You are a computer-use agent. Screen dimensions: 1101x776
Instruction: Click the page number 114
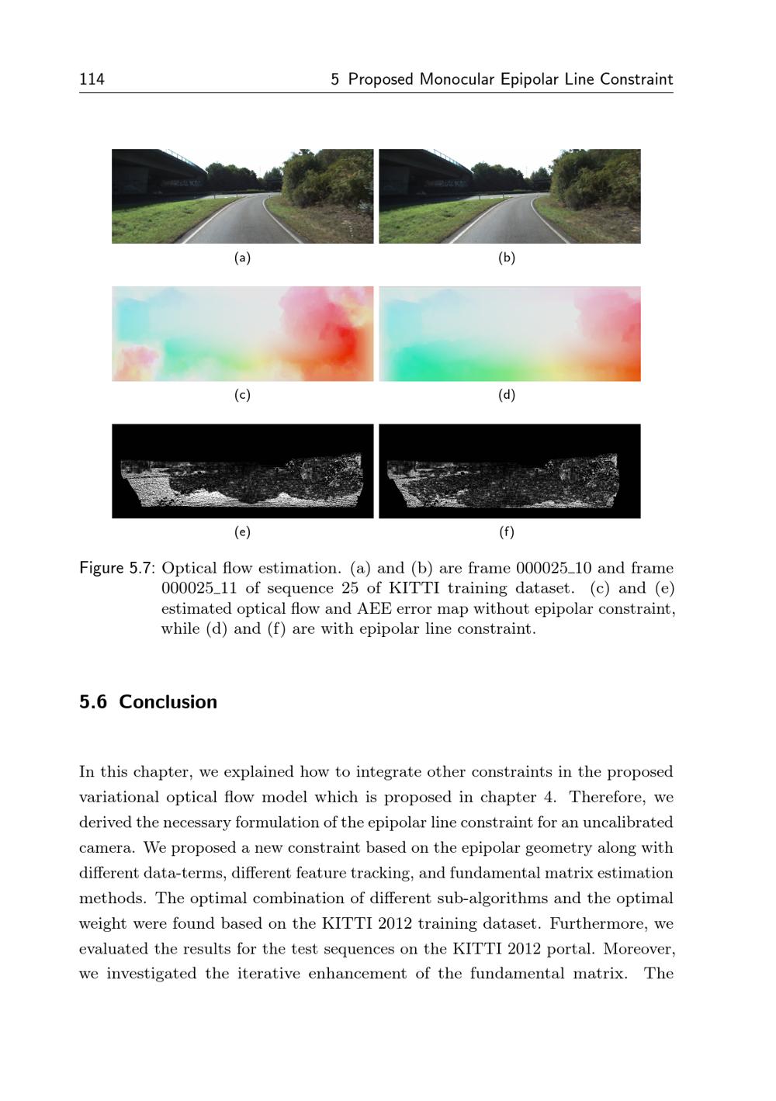[92, 79]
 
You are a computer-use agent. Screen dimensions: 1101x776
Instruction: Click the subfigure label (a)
[242, 258]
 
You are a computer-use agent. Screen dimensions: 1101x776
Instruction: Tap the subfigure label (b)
[506, 258]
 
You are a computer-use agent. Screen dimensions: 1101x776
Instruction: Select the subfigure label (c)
[242, 395]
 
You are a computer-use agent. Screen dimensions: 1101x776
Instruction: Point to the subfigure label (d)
[506, 395]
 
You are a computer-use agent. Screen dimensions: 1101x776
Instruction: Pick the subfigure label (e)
[242, 532]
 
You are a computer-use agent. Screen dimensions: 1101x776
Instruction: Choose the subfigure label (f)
[506, 532]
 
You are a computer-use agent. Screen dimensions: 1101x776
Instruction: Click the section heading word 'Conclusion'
[168, 702]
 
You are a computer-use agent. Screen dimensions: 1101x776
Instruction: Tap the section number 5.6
[92, 702]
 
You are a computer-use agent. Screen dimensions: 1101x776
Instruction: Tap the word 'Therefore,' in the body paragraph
[605, 797]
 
